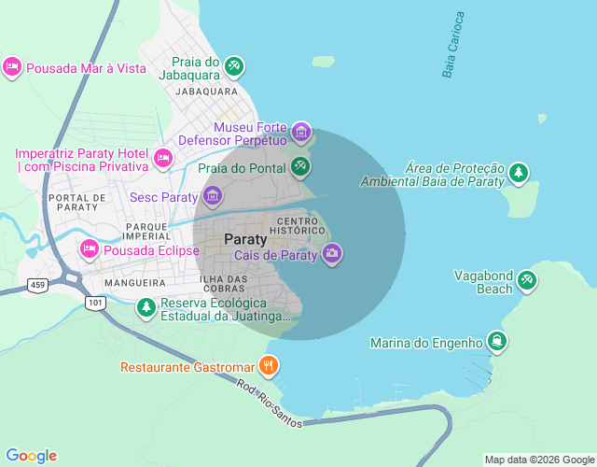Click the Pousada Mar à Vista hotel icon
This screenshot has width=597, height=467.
coord(12,67)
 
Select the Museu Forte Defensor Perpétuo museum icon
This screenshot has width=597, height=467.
coord(300,132)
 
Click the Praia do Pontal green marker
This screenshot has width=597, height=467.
coord(299,167)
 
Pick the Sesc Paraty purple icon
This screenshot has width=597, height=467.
coord(213,196)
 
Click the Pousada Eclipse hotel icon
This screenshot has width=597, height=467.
coord(90,249)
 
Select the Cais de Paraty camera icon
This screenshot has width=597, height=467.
coord(332,253)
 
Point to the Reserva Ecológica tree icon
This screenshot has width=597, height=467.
coord(146,306)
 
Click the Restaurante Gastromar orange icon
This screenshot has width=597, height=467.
coord(269,365)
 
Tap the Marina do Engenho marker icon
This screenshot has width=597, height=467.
coord(498,342)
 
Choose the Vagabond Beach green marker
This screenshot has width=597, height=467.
coord(527,280)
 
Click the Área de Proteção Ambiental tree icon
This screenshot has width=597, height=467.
coord(519,173)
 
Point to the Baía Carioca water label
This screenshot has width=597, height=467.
coord(452,44)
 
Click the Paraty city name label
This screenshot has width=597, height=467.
coord(245,239)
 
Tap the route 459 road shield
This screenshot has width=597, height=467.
coord(36,284)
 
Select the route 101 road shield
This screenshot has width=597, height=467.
coord(94,303)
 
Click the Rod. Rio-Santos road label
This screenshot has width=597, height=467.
coord(270,403)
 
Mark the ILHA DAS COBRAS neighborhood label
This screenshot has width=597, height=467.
coord(223,284)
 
